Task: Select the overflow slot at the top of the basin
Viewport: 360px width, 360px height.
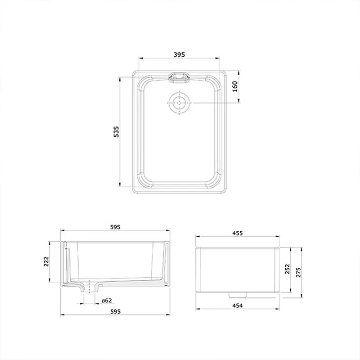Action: point(179,77)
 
